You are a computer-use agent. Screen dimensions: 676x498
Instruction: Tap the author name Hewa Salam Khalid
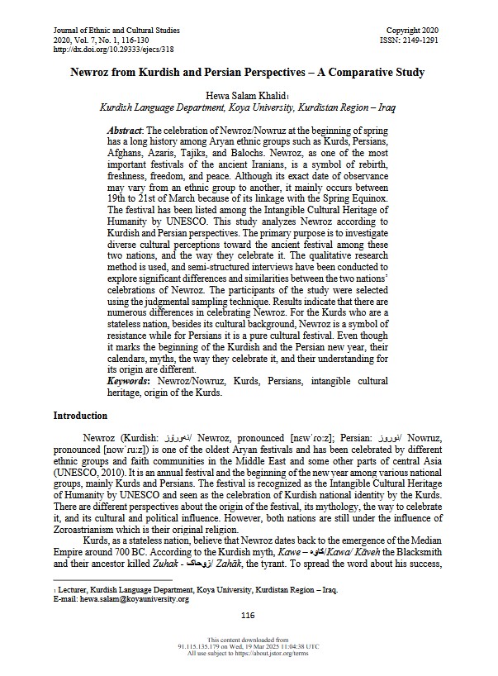click(244, 94)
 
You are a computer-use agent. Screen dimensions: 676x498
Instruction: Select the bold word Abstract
click(126, 131)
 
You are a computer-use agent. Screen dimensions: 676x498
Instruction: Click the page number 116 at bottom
click(249, 615)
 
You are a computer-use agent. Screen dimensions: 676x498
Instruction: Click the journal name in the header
click(116, 31)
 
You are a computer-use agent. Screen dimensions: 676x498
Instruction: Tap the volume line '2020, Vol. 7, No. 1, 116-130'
click(101, 40)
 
